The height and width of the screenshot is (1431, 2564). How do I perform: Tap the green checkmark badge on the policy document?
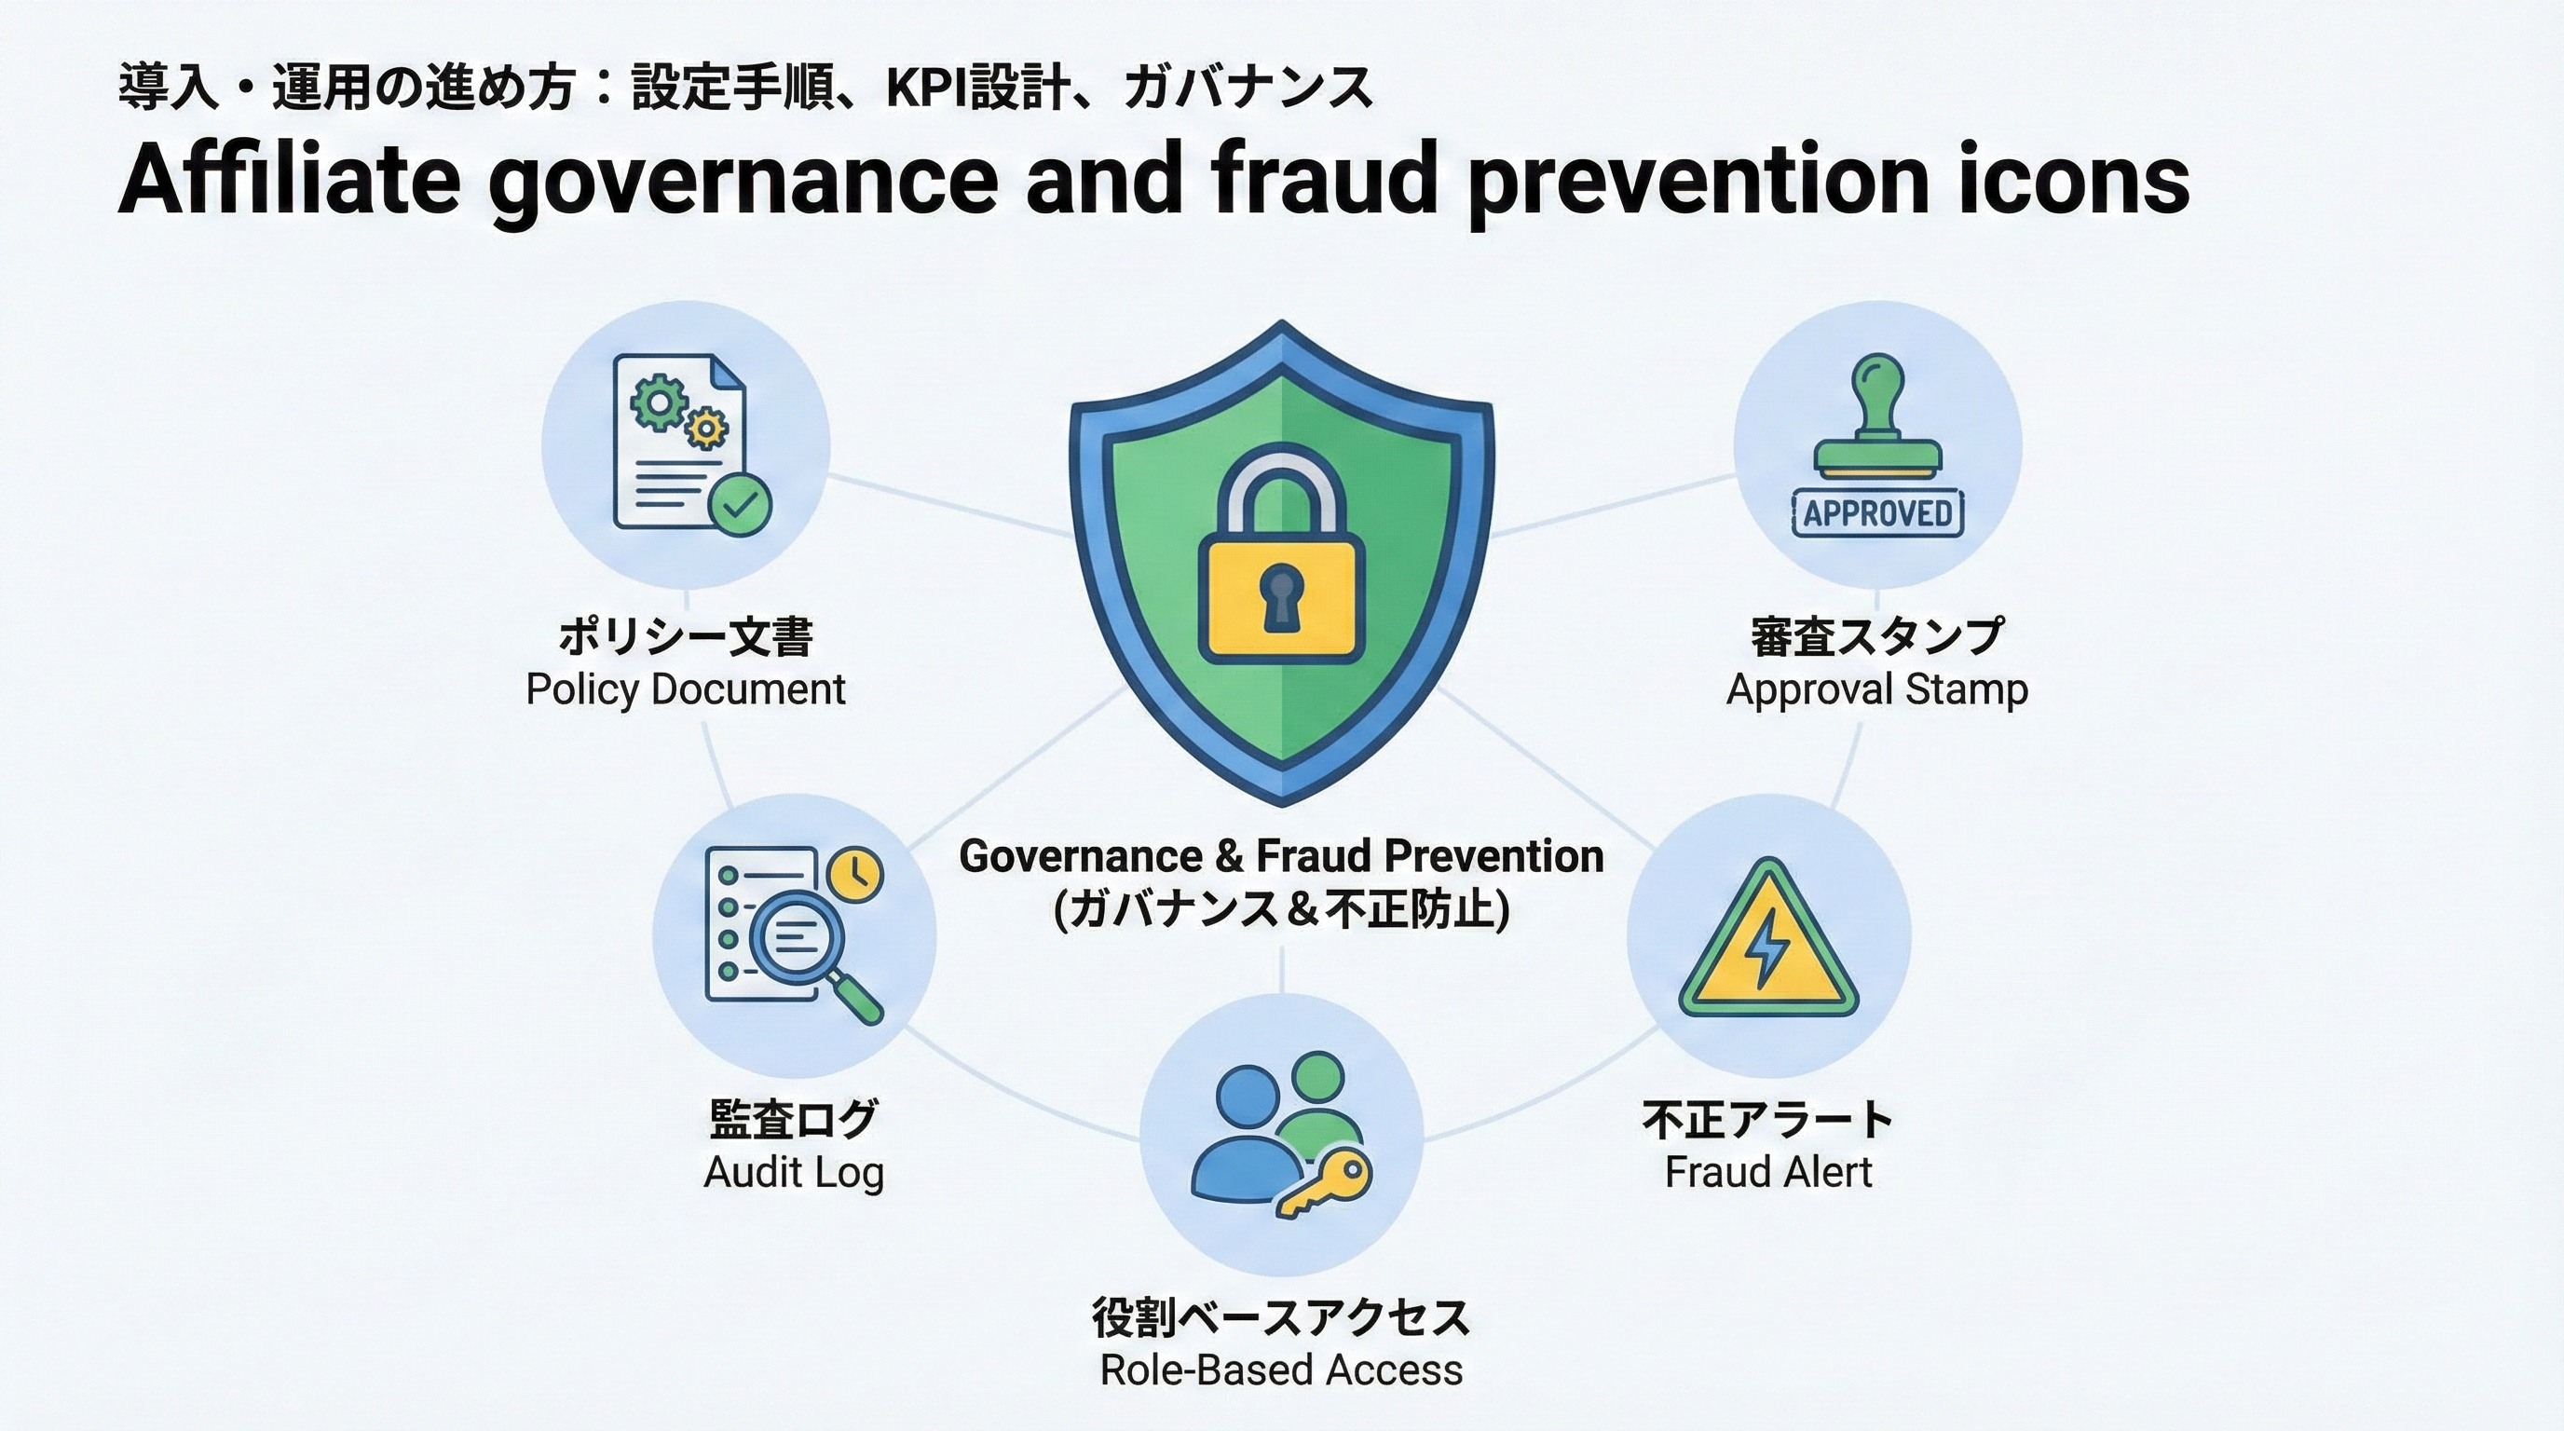(740, 505)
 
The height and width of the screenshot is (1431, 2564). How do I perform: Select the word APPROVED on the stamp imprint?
(1877, 513)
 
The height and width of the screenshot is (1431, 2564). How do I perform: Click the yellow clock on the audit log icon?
(856, 875)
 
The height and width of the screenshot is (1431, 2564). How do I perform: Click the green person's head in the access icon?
(1317, 1082)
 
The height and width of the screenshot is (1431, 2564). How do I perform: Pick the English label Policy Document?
(686, 688)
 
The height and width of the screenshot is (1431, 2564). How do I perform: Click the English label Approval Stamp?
(1876, 688)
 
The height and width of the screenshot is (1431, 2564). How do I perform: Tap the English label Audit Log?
(793, 1172)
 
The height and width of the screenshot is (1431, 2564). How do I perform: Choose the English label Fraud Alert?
(1767, 1172)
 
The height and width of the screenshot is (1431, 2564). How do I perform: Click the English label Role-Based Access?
(1281, 1370)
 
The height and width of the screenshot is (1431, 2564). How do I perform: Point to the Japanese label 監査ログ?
(793, 1120)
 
